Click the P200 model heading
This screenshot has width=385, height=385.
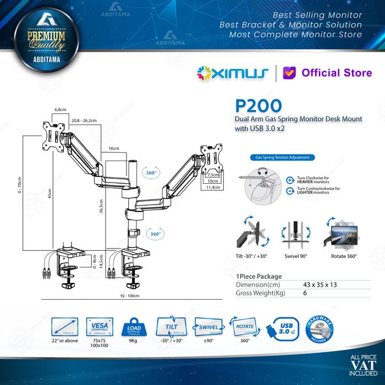[260, 106]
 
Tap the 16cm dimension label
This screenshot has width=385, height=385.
[114, 148]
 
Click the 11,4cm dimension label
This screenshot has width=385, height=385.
[213, 188]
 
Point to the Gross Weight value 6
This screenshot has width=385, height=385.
[305, 294]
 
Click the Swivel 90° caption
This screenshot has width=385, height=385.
[296, 256]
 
